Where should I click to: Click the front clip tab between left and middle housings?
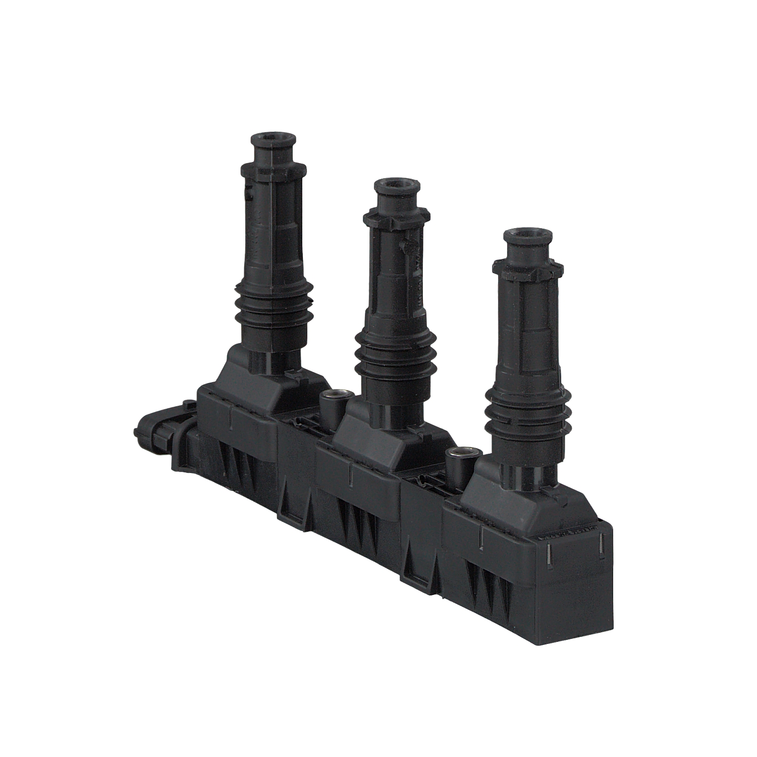(291, 497)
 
